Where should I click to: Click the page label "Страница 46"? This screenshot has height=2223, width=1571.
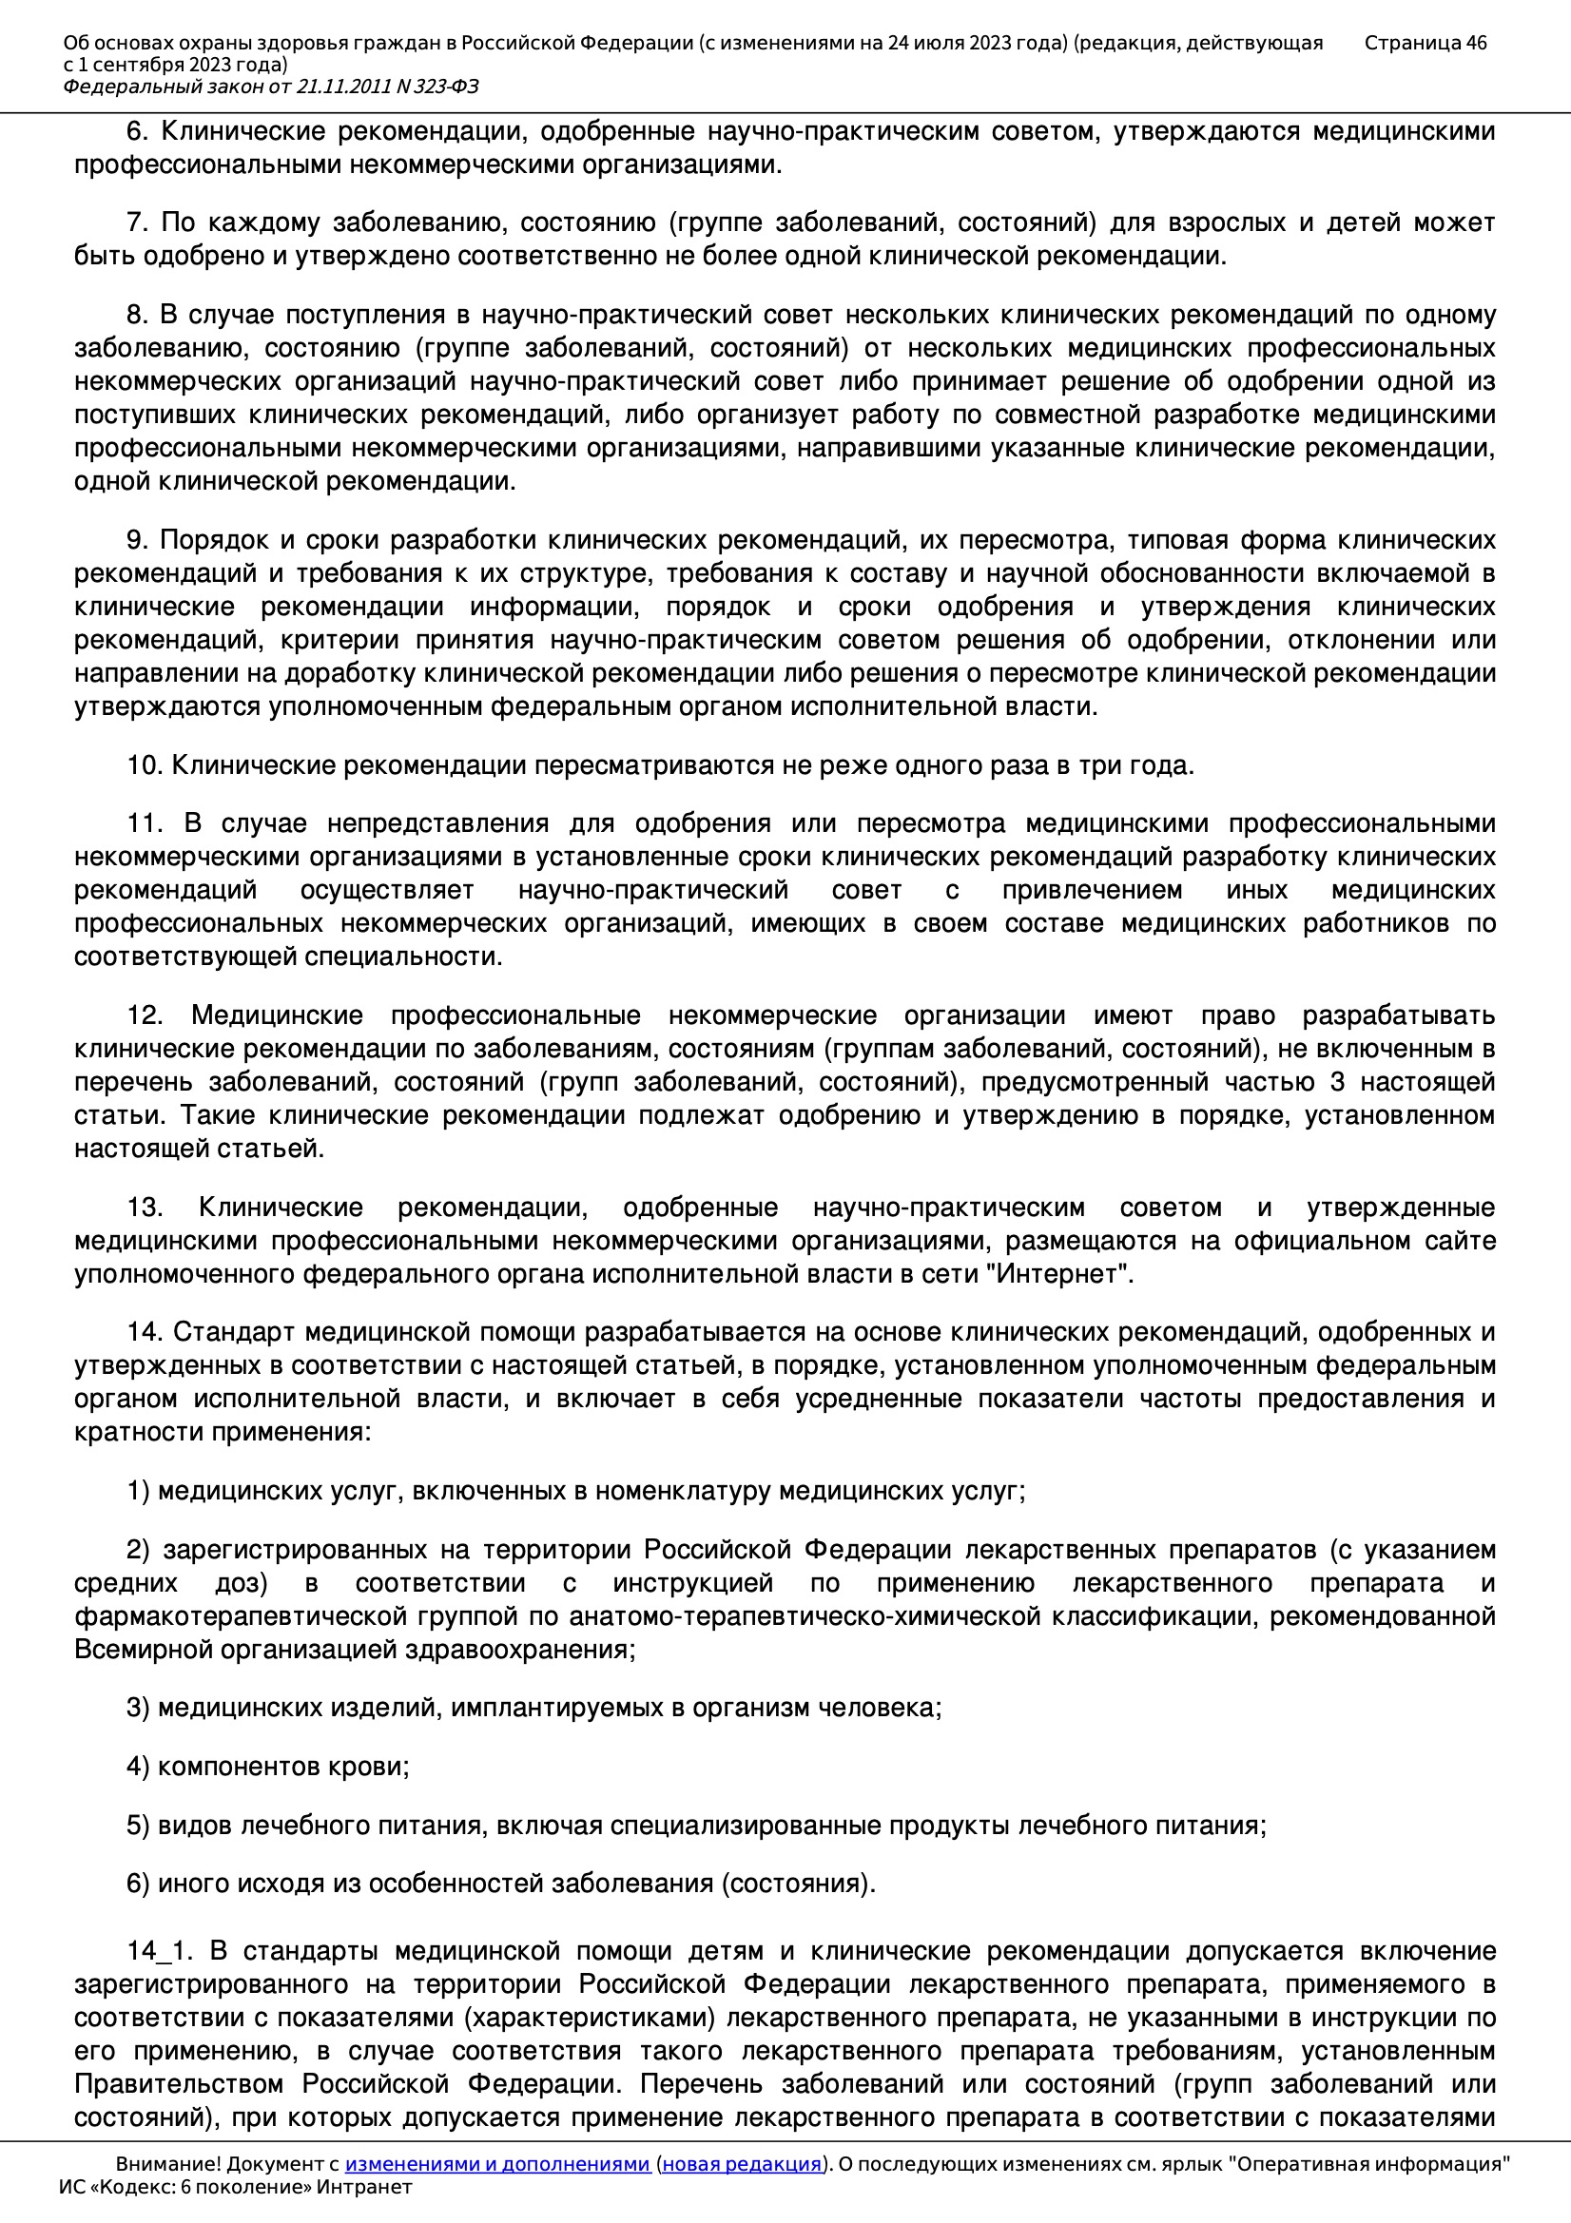point(1425,43)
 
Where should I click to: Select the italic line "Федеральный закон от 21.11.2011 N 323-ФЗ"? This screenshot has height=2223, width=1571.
point(270,87)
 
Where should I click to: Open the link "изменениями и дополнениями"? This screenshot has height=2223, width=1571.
point(496,2164)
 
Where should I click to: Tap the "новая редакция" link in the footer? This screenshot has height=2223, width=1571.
point(741,2164)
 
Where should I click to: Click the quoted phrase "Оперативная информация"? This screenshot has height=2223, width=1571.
point(1369,2164)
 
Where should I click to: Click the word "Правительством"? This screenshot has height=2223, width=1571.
point(180,2083)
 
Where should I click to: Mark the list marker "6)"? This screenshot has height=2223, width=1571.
point(138,1884)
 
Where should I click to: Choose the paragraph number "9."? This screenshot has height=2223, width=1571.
point(137,540)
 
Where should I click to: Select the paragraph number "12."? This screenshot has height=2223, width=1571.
point(145,1015)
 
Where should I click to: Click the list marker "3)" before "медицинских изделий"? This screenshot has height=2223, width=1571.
point(138,1708)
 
